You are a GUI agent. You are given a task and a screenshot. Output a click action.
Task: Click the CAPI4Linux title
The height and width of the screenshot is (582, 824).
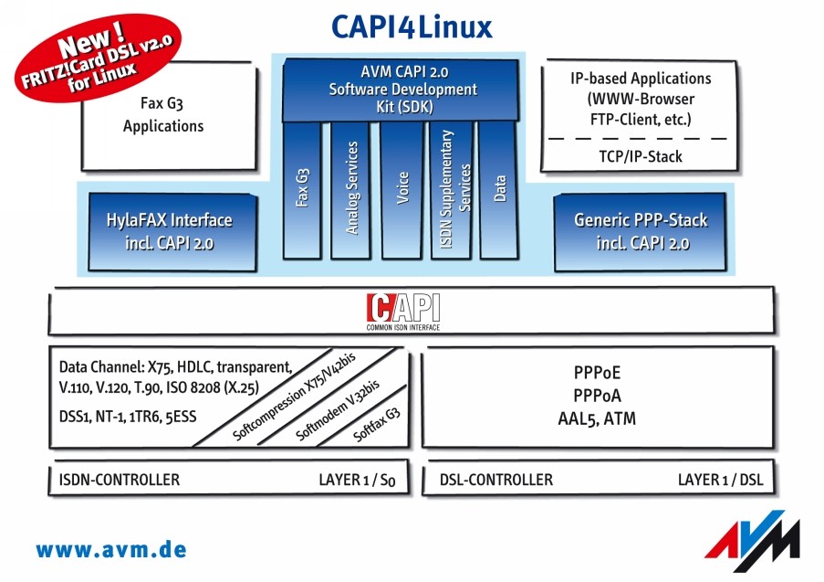pos(412,25)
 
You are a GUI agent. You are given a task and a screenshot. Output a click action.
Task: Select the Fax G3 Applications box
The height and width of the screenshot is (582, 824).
pos(163,115)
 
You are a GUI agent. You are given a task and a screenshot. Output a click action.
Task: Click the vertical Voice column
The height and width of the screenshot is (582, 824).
pos(402,190)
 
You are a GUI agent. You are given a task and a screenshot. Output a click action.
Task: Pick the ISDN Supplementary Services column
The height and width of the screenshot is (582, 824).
pos(452,190)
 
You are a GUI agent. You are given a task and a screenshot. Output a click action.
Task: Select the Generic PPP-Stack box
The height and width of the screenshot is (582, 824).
pos(641,232)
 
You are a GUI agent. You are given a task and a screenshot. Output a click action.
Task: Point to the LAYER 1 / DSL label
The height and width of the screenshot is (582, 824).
pos(720,479)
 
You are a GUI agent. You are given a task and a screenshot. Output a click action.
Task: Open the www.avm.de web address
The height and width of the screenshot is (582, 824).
pos(111,550)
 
